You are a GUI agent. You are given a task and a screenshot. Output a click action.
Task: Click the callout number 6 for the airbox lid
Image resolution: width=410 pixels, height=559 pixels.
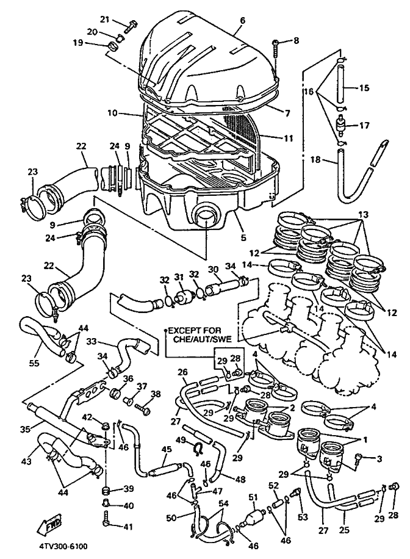(242, 21)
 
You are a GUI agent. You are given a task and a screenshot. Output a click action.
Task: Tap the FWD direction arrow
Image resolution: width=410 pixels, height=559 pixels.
(49, 524)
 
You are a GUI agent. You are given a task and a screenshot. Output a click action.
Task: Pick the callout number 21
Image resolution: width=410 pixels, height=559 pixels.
(104, 20)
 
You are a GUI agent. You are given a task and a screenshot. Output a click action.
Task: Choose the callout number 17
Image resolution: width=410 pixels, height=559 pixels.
(364, 126)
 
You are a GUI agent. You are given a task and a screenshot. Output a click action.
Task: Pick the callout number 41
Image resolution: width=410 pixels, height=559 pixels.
(128, 525)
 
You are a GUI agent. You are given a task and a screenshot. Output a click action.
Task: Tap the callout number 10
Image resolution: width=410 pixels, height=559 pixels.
(112, 114)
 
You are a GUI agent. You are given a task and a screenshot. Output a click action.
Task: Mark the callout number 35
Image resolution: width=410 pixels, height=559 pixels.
(25, 429)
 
